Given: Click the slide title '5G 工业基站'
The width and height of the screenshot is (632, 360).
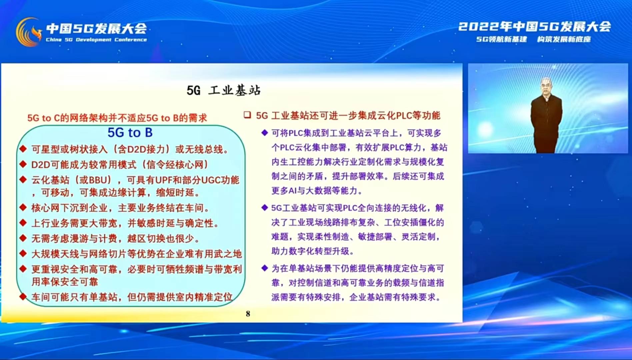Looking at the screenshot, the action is (x=224, y=90).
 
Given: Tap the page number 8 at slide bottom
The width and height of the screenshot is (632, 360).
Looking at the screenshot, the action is (x=248, y=314).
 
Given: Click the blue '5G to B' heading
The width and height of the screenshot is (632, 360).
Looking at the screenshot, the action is (x=130, y=133).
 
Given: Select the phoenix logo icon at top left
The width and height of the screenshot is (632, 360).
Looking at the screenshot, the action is (x=29, y=32).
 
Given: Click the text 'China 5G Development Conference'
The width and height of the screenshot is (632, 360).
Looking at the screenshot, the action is (x=96, y=40).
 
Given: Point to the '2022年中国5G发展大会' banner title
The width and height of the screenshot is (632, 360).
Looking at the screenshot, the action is (x=535, y=26).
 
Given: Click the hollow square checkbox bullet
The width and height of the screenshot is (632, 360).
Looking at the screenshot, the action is (x=247, y=115).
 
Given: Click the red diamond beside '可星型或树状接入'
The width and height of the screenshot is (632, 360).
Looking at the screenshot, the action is (x=23, y=149).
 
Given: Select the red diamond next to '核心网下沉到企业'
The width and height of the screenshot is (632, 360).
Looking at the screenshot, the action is (x=23, y=207).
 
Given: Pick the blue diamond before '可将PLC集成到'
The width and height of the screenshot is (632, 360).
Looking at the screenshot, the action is (x=265, y=133).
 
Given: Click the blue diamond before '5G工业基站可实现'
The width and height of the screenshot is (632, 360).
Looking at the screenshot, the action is (x=265, y=208).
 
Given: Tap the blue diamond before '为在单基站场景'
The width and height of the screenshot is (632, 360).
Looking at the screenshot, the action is (x=265, y=268).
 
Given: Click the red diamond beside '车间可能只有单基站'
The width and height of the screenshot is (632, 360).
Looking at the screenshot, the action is (x=23, y=296).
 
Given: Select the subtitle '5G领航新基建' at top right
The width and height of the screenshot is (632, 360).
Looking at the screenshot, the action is (x=501, y=39).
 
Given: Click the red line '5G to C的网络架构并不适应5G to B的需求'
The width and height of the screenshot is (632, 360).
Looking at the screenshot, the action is (x=117, y=118).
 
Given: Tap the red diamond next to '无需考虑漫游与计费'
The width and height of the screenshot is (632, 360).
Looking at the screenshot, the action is (x=23, y=238).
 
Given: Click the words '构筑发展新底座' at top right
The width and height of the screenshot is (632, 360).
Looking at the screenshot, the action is (x=564, y=39).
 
